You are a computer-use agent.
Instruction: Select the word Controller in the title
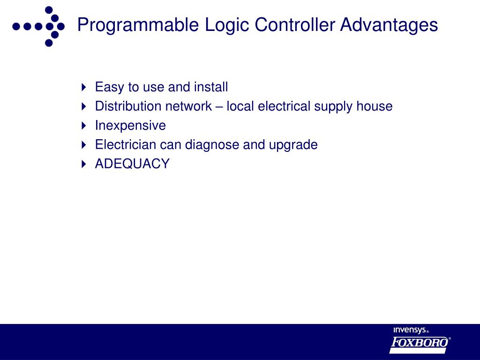coord(294,25)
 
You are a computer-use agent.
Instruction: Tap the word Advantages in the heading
coord(389,25)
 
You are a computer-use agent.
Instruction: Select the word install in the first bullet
coord(211,87)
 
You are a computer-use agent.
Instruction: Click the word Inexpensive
coord(130,126)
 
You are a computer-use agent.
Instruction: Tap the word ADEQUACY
coord(132,164)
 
